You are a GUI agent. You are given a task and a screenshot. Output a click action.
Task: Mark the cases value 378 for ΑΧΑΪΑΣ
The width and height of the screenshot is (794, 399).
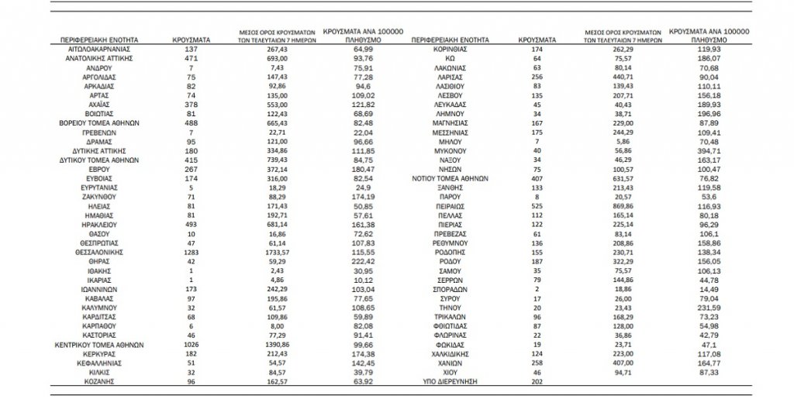tap(188, 103)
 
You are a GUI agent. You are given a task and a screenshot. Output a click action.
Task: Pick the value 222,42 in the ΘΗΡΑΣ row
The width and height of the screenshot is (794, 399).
tap(357, 263)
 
